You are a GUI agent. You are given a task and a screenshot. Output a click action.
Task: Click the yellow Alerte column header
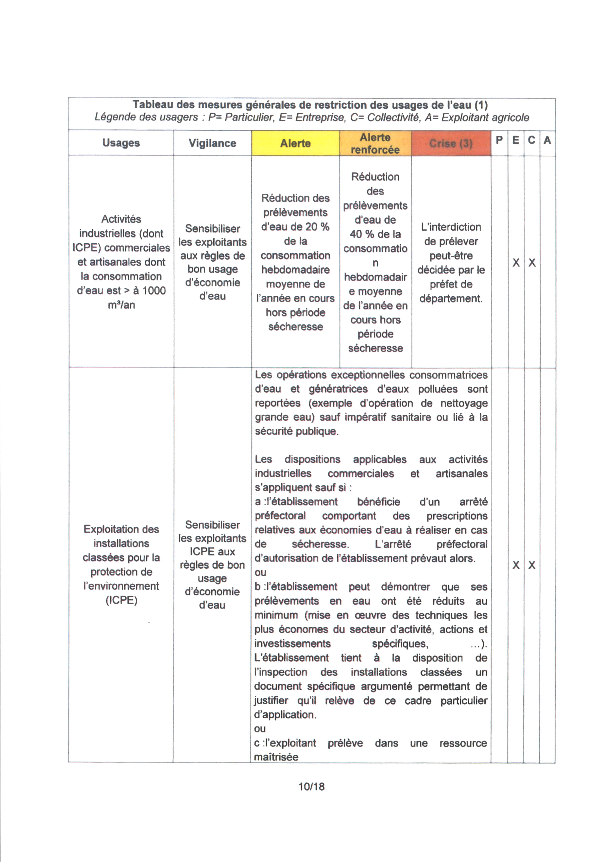[295, 143]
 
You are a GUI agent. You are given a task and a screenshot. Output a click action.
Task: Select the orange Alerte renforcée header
[375, 143]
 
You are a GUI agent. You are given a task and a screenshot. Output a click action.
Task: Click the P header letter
[499, 140]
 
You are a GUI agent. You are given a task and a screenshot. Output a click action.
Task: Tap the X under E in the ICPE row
[516, 566]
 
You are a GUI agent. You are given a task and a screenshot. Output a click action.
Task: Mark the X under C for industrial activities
[532, 263]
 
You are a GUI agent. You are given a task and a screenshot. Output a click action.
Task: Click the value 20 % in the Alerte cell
[317, 227]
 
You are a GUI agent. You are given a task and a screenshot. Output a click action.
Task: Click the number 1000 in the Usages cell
[154, 290]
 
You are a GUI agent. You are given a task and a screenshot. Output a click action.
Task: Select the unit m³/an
[121, 305]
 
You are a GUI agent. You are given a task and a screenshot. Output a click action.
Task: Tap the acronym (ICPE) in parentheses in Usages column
[121, 600]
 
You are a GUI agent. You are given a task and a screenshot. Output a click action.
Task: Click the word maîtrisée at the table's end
[276, 757]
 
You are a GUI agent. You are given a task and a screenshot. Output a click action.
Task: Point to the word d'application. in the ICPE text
[285, 715]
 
